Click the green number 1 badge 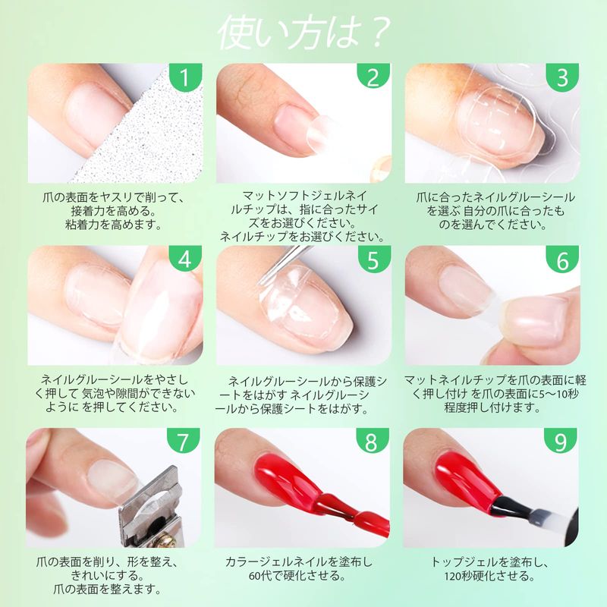coord(186,77)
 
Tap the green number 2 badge coord(374,77)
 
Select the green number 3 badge coord(563,77)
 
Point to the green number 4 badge coord(186,259)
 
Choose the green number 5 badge coord(374,259)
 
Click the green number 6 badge coord(563,259)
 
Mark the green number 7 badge coord(184,441)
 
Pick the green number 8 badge coord(372,441)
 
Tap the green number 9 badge coord(561,441)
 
